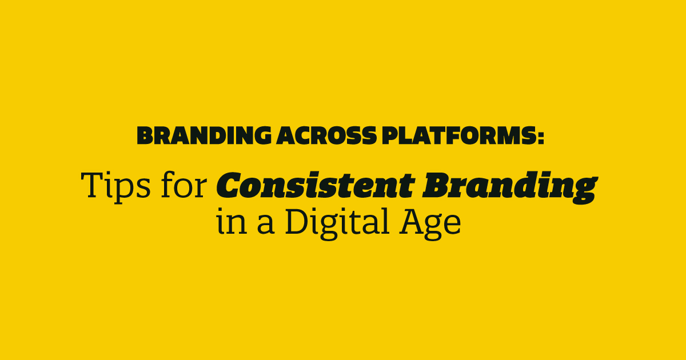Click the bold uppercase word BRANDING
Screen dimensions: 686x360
pyautogui.click(x=204, y=135)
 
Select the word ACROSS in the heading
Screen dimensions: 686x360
pyautogui.click(x=326, y=135)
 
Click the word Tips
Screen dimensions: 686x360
pyautogui.click(x=115, y=186)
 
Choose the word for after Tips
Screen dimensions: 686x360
pyautogui.click(x=184, y=184)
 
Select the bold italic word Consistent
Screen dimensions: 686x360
pyautogui.click(x=316, y=185)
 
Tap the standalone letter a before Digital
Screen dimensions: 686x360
pyautogui.click(x=265, y=225)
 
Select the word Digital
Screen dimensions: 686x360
pyautogui.click(x=337, y=223)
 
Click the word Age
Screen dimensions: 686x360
pyautogui.click(x=430, y=223)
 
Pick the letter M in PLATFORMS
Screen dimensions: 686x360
pyautogui.click(x=503, y=135)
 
